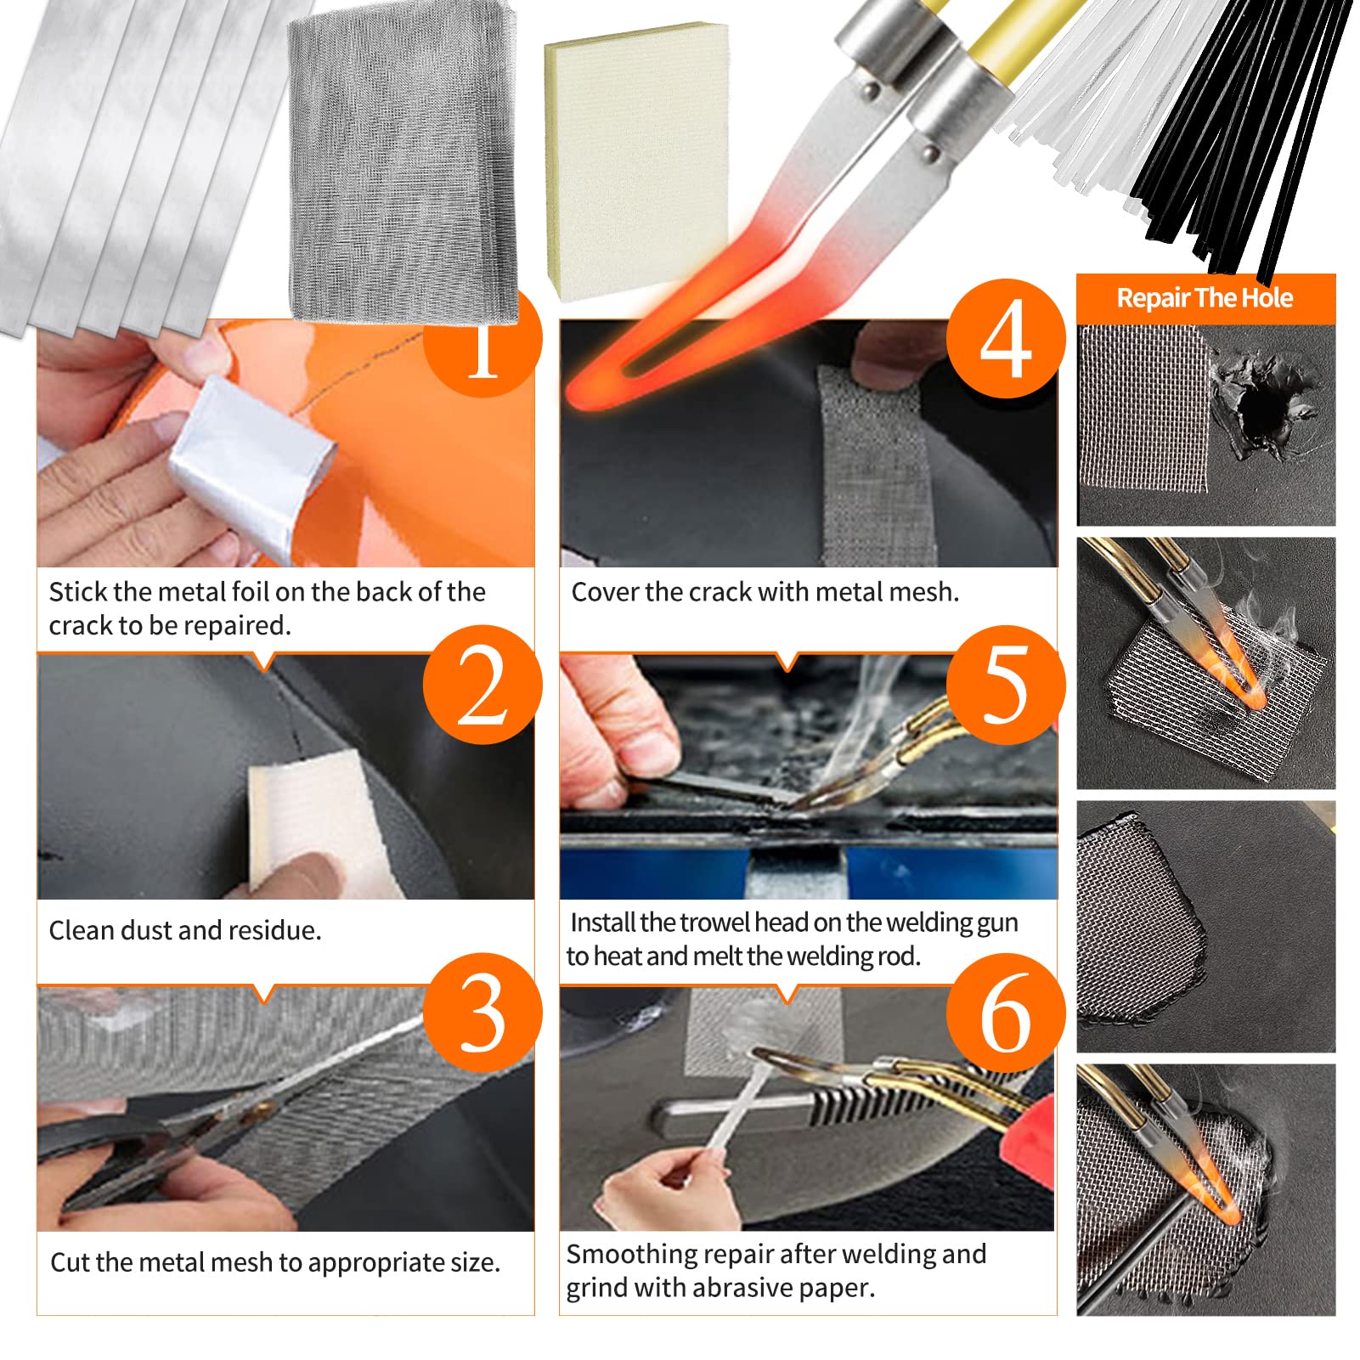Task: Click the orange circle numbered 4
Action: [1006, 339]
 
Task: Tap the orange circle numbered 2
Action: [482, 685]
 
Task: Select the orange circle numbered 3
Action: [482, 1013]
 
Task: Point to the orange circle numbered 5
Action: [1006, 685]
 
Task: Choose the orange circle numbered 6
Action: [1006, 1013]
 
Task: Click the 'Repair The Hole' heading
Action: [1205, 298]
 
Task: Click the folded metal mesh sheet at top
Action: [403, 161]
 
